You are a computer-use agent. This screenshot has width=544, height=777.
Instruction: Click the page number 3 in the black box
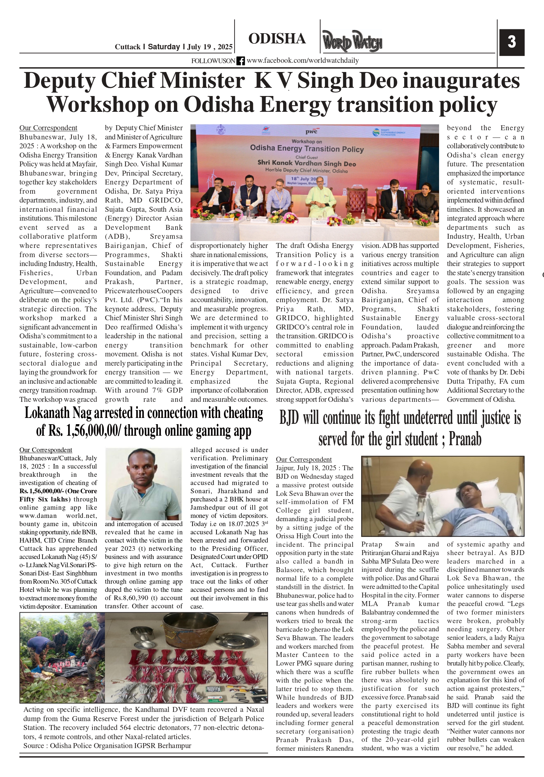click(511, 42)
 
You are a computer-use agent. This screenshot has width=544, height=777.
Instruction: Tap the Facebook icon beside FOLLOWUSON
click(240, 61)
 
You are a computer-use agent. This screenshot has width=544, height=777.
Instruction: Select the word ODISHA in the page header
click(277, 39)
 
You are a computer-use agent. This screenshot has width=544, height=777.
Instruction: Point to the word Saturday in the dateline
click(164, 47)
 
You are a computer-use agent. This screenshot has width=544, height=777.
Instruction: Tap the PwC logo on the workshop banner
click(311, 131)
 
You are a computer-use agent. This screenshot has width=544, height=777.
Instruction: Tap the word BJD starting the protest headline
click(289, 418)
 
